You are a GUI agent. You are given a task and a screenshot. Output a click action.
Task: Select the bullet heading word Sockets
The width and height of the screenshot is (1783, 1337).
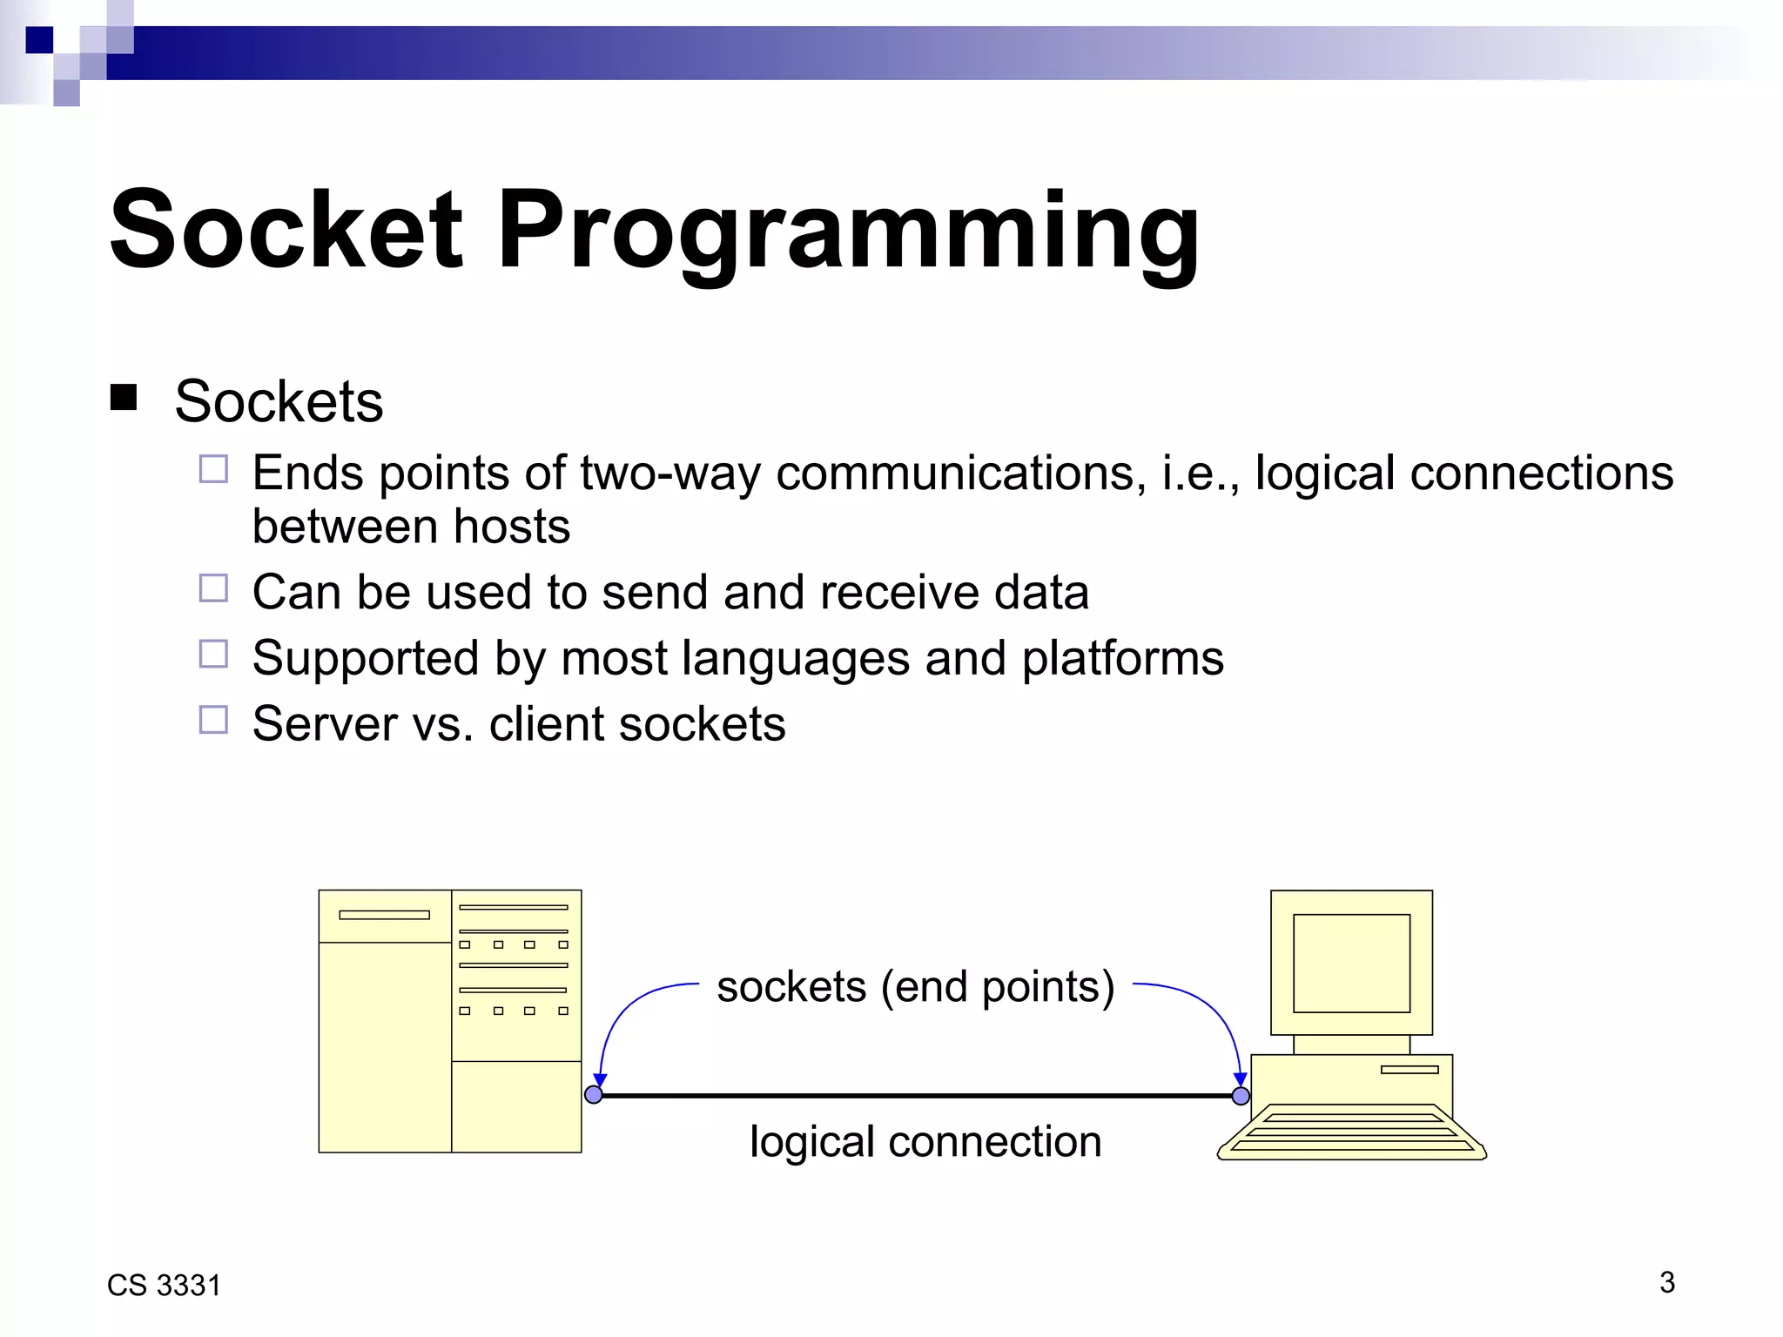coord(279,401)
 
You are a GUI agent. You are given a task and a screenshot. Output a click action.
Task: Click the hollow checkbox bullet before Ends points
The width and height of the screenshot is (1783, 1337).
coord(213,469)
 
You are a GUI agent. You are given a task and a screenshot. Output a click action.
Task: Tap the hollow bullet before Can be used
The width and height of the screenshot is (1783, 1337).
coord(213,588)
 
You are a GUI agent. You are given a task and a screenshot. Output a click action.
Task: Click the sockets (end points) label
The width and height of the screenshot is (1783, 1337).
coord(915,987)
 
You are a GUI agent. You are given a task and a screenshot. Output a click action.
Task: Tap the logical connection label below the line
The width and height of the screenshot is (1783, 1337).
coord(925,1141)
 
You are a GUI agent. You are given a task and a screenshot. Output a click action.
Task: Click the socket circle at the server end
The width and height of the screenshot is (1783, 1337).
coord(594,1094)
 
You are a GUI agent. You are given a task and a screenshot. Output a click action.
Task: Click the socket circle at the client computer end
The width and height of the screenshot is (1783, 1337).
coord(1241,1096)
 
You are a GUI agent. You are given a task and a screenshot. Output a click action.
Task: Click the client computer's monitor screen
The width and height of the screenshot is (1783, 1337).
coord(1351,963)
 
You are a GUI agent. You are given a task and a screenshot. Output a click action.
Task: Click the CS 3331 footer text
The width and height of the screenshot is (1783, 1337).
coord(164,1286)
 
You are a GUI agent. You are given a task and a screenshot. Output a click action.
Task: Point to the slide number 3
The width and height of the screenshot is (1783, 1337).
coord(1666,1282)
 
